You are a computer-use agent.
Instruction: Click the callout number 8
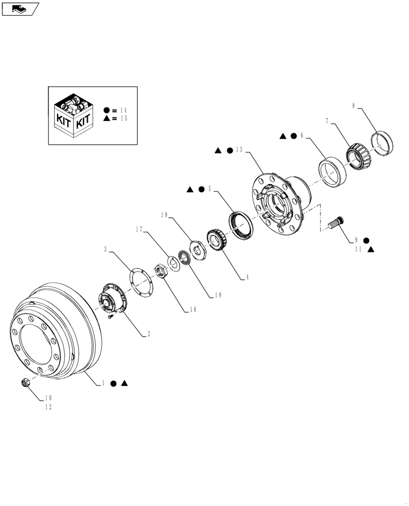(x=353, y=106)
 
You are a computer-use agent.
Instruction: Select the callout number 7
(x=328, y=121)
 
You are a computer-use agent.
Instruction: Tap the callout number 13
(x=239, y=150)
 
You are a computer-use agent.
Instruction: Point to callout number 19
(x=164, y=215)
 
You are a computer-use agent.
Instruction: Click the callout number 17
(x=139, y=229)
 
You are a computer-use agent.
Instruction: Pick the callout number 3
(x=105, y=249)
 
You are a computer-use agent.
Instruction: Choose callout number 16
(x=193, y=310)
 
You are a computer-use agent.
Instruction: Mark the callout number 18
(x=218, y=295)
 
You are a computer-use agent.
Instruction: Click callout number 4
(x=247, y=277)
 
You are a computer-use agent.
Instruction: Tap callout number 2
(x=148, y=334)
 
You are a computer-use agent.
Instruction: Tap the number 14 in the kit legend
(x=124, y=110)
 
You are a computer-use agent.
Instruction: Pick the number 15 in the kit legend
(x=124, y=118)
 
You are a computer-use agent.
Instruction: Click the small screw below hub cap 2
(x=111, y=317)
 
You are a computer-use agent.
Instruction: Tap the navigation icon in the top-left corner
(x=20, y=8)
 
